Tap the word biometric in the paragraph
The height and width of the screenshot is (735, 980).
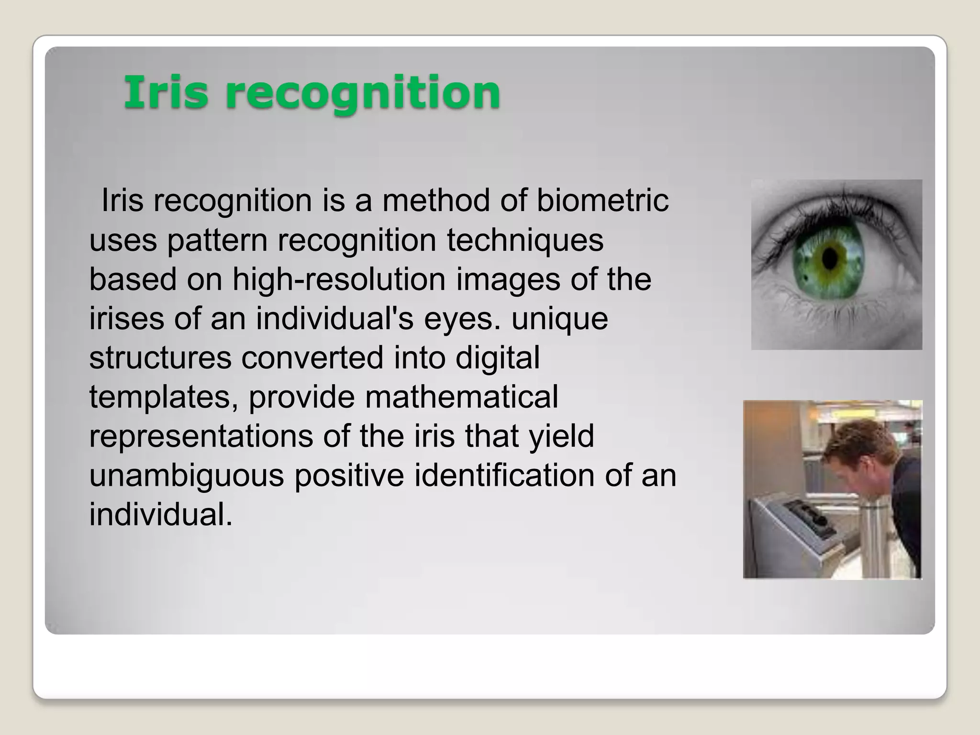coord(602,200)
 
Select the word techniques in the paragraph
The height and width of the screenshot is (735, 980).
coord(525,240)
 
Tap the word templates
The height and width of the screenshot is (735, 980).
coord(164,398)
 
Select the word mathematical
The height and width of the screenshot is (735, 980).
coord(461,397)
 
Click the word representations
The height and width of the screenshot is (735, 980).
coord(200,436)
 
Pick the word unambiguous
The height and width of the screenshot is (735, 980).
coord(186,476)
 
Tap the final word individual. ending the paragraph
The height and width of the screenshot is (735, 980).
coord(160,515)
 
